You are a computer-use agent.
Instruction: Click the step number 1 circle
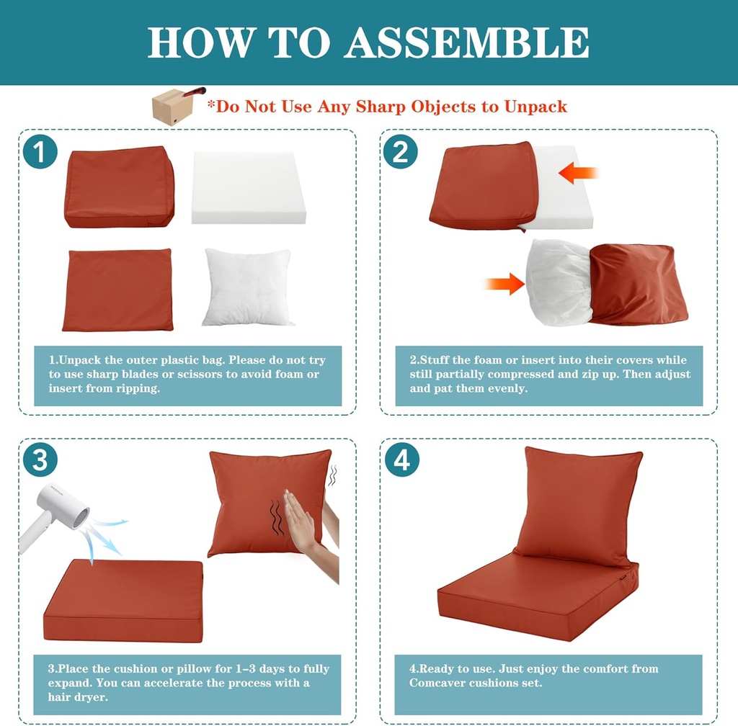point(40,152)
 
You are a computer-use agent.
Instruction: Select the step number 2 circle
point(400,152)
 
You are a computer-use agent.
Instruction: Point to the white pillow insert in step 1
point(247,287)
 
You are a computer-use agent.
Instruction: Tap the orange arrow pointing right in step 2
point(505,283)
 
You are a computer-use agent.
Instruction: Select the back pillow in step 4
point(577,505)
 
